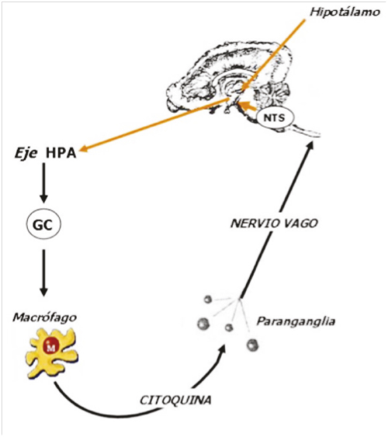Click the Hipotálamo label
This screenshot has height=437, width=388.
pos(345,12)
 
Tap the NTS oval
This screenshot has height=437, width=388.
pos(275,118)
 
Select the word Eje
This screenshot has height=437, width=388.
pos(26,154)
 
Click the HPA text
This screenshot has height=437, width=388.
pos(61,153)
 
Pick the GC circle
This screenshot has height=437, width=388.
pos(43,224)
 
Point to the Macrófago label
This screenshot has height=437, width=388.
pos(44,317)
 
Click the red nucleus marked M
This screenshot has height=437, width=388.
pos(50,346)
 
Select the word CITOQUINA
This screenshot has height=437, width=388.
pos(175,401)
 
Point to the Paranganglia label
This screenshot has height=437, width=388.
pos(296,321)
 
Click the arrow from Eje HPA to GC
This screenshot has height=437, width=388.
pos(43,183)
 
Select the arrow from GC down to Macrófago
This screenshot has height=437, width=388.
pos(43,273)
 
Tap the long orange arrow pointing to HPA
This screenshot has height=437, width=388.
pos(154,125)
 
